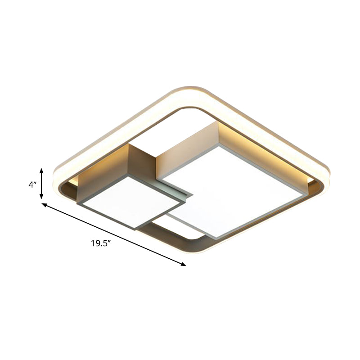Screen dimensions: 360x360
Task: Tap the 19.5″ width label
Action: [x=101, y=243]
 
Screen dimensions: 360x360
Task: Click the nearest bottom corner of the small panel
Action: [x=135, y=229]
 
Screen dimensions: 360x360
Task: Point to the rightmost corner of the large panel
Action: [x=302, y=195]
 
